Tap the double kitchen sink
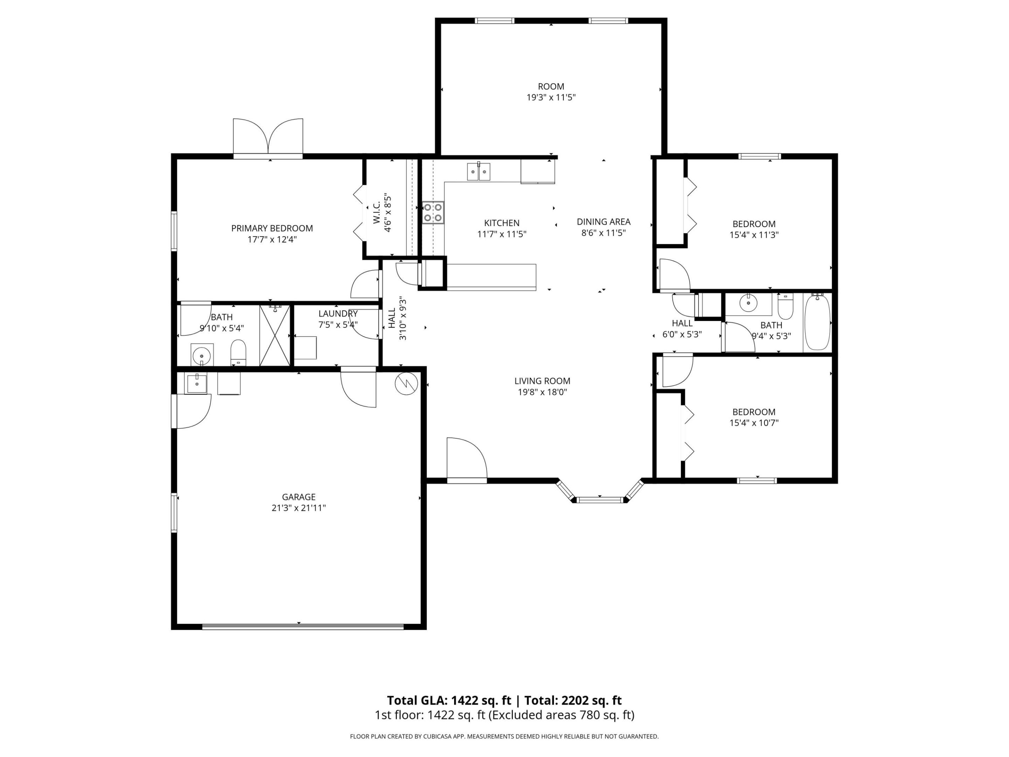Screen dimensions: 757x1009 pyautogui.click(x=479, y=172)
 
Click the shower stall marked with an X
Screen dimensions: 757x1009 pyautogui.click(x=275, y=336)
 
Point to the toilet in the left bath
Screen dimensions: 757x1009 pyautogui.click(x=238, y=352)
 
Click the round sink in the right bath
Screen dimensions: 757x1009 pyautogui.click(x=748, y=302)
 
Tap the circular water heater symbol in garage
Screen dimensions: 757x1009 pyautogui.click(x=406, y=383)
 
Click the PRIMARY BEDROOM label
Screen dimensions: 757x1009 pyautogui.click(x=272, y=228)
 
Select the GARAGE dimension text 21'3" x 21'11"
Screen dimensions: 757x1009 pyautogui.click(x=298, y=508)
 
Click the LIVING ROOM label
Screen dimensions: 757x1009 pyautogui.click(x=542, y=381)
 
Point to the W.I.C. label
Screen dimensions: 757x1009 pyautogui.click(x=377, y=213)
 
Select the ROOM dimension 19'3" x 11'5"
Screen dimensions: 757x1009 pyautogui.click(x=551, y=97)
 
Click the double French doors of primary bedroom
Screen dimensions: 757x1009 pyautogui.click(x=268, y=137)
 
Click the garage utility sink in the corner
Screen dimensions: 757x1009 pyautogui.click(x=196, y=383)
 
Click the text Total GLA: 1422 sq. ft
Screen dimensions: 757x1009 pyautogui.click(x=449, y=700)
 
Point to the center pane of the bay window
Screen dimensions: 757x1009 pyautogui.click(x=599, y=500)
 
